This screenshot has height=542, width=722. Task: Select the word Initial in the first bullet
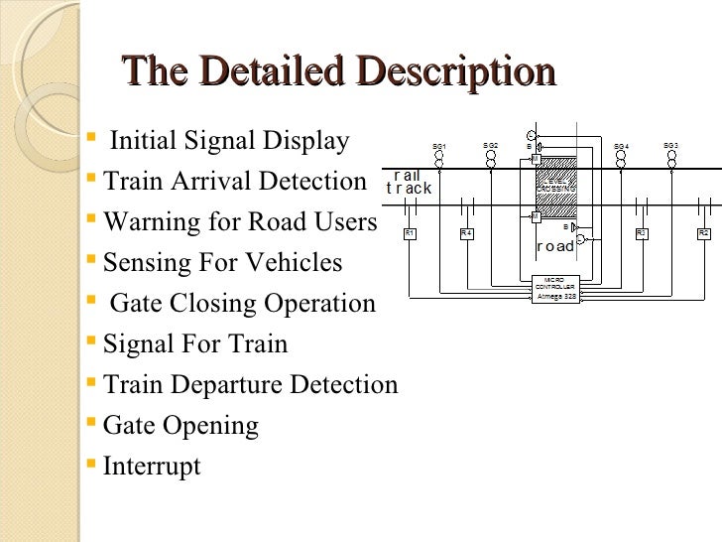pos(144,141)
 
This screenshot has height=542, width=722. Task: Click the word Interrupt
pos(152,467)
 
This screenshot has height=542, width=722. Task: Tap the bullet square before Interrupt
pos(92,464)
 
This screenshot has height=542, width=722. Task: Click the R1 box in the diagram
pos(410,233)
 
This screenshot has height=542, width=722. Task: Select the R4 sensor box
pos(467,233)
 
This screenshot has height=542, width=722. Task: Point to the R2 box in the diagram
pos(703,233)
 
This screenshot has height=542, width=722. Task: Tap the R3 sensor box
pos(642,233)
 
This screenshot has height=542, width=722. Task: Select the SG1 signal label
pos(438,147)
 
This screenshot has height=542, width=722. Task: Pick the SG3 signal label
pos(670,146)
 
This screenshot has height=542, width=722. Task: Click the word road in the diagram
pos(555,246)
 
